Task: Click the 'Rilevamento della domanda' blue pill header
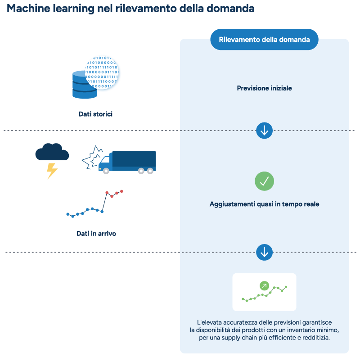coord(264,40)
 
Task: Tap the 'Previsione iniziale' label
coord(264,88)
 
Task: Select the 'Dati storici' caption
coord(95,114)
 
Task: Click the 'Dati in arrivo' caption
coord(96,234)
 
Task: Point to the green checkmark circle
coord(264,181)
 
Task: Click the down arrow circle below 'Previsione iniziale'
coord(264,131)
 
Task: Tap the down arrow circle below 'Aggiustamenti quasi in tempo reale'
coord(264,252)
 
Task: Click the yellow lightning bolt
coord(52,171)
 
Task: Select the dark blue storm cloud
coord(52,152)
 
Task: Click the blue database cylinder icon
coord(85,85)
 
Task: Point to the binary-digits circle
coord(103,72)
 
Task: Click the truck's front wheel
coord(106,171)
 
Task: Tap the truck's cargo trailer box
coord(133,160)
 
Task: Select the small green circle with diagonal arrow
coord(264,285)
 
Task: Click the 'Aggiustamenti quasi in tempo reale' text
coord(264,204)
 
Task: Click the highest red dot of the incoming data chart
coord(121,191)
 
